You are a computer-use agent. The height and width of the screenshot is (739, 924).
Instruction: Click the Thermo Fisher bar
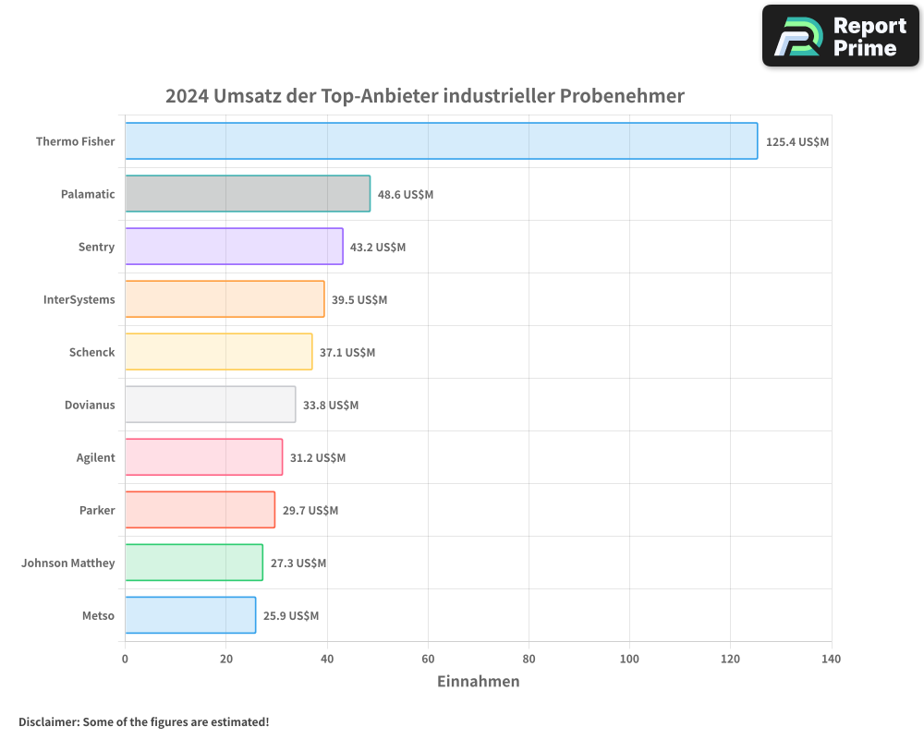[x=441, y=141]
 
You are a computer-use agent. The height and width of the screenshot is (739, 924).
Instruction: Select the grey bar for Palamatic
[x=247, y=194]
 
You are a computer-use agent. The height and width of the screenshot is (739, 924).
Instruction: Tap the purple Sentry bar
[x=234, y=247]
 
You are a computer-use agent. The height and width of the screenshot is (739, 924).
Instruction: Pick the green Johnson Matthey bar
[x=193, y=563]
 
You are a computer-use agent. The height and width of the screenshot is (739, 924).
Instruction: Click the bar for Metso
[x=189, y=615]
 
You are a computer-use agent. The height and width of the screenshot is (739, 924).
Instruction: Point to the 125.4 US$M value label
[x=797, y=142]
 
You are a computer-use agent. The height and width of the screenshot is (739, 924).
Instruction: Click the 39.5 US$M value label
[x=359, y=300]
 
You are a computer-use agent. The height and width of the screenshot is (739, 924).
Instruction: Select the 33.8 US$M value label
[x=331, y=406]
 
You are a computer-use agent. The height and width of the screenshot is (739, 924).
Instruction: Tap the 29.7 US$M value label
[x=310, y=511]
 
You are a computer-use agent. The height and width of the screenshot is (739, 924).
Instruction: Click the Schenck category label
[x=91, y=352]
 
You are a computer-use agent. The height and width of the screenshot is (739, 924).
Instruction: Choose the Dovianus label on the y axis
[x=90, y=405]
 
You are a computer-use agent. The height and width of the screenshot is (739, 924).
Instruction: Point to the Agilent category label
[x=95, y=457]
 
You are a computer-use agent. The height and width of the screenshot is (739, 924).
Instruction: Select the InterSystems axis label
[x=79, y=299]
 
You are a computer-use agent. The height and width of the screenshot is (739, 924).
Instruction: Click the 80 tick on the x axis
[x=529, y=659]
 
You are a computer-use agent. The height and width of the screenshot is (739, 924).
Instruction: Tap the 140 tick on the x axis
[x=831, y=659]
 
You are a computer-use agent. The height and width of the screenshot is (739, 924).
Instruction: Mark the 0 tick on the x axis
[x=125, y=659]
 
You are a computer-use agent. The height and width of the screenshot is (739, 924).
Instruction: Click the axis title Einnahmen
[x=478, y=682]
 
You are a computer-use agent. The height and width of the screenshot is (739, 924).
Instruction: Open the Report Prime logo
[x=840, y=36]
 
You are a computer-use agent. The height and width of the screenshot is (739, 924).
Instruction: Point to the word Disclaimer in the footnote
[x=48, y=721]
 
